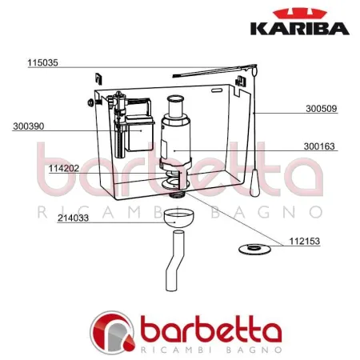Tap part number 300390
pyautogui.click(x=29, y=126)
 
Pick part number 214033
pyautogui.click(x=73, y=226)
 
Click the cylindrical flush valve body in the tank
pyautogui.click(x=174, y=140)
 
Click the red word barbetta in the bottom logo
pyautogui.click(x=212, y=332)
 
